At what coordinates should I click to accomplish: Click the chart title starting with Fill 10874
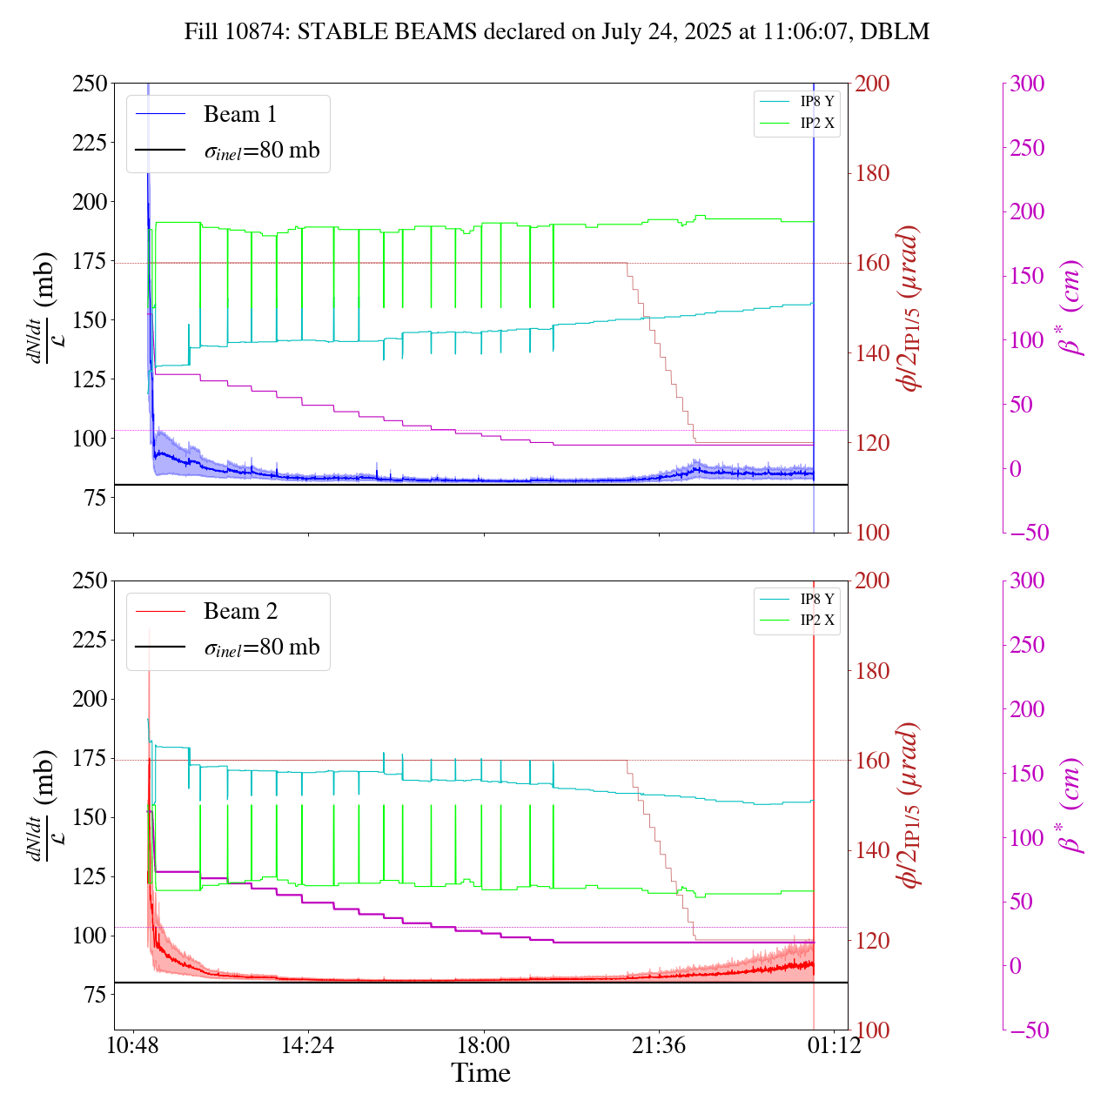pyautogui.click(x=557, y=32)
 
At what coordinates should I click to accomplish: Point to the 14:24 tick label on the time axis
pyautogui.click(x=308, y=1045)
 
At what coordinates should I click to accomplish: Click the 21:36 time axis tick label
pyautogui.click(x=659, y=1045)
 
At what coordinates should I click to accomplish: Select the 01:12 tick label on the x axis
pyautogui.click(x=835, y=1045)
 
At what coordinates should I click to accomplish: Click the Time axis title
pyautogui.click(x=480, y=1073)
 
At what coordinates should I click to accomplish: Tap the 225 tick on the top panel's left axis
pyautogui.click(x=91, y=143)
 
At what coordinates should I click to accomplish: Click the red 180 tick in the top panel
pyautogui.click(x=872, y=174)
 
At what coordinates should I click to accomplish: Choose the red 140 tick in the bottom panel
pyautogui.click(x=872, y=851)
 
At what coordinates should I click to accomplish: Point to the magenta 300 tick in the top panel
pyautogui.click(x=1027, y=84)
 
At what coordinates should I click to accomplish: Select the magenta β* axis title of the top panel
pyautogui.click(x=1072, y=308)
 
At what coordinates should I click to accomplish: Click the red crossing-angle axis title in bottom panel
pyautogui.click(x=910, y=805)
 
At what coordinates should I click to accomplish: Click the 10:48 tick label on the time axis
pyautogui.click(x=133, y=1045)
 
